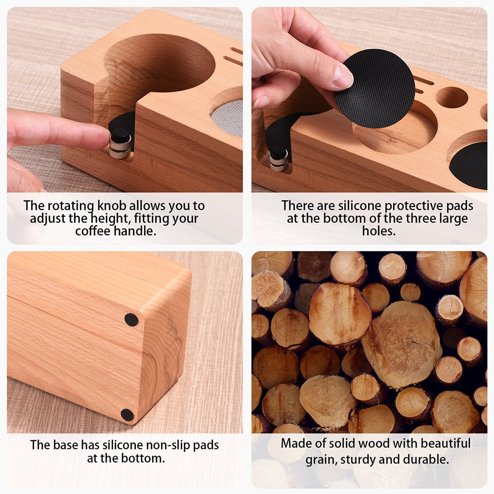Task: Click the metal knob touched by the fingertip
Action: pyautogui.click(x=120, y=144)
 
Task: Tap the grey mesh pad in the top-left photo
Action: pyautogui.click(x=228, y=119)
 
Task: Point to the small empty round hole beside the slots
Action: pyautogui.click(x=452, y=97)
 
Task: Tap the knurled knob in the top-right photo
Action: pyautogui.click(x=279, y=159)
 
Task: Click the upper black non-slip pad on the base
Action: pyautogui.click(x=131, y=320)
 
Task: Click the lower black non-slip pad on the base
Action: pyautogui.click(x=127, y=415)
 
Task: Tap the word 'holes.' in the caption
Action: pyautogui.click(x=378, y=231)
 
